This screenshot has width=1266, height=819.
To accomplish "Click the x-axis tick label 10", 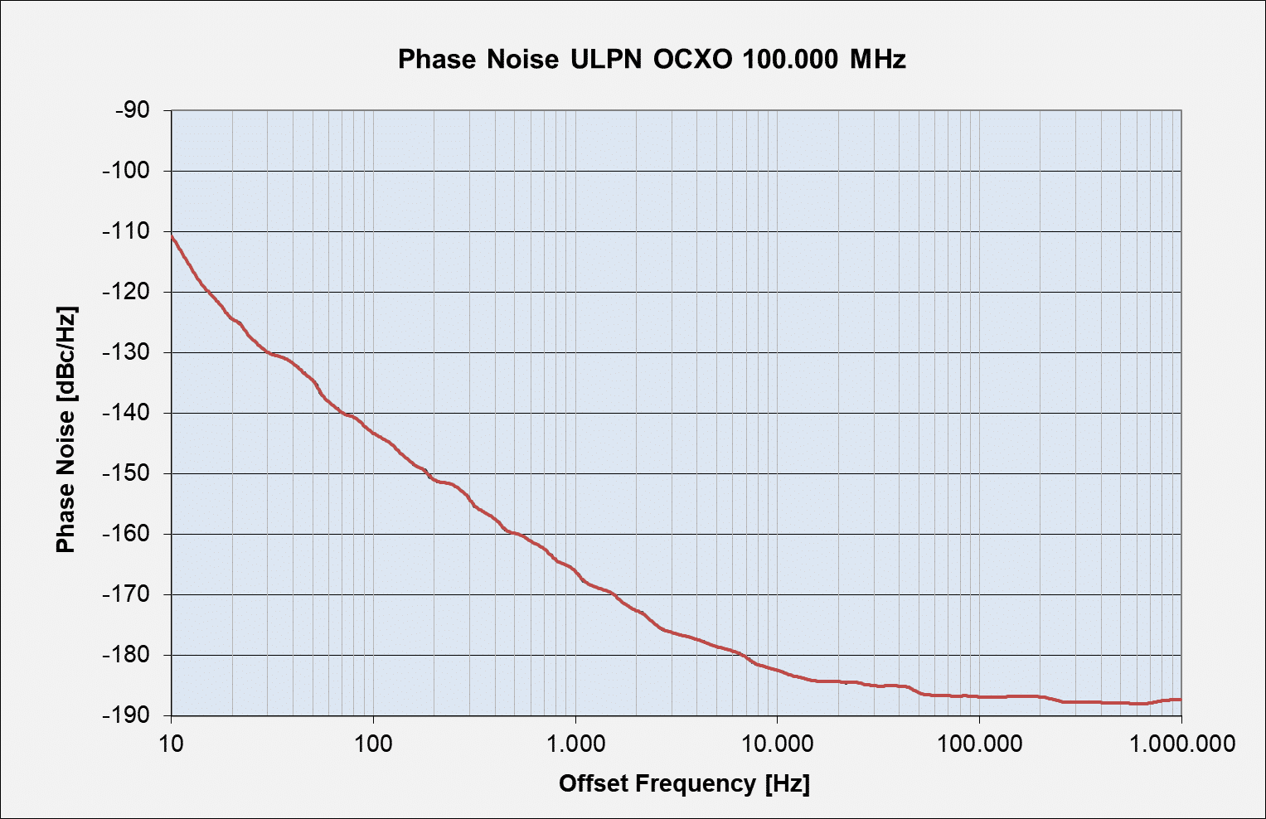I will click(172, 743).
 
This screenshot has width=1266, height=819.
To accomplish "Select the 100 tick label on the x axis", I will click(373, 743).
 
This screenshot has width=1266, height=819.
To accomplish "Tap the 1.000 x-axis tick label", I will click(575, 743).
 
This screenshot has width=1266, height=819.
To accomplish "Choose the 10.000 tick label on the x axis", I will click(777, 743).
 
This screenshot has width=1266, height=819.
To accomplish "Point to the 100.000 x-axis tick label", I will click(979, 743).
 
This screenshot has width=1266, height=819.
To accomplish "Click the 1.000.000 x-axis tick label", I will click(1181, 743).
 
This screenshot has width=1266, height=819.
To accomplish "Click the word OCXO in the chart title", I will click(692, 60).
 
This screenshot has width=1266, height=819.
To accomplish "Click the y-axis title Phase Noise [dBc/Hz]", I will click(65, 429).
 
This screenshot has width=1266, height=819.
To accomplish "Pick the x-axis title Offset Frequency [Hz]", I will click(684, 783).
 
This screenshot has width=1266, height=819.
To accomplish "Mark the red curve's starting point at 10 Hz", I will click(172, 235).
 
